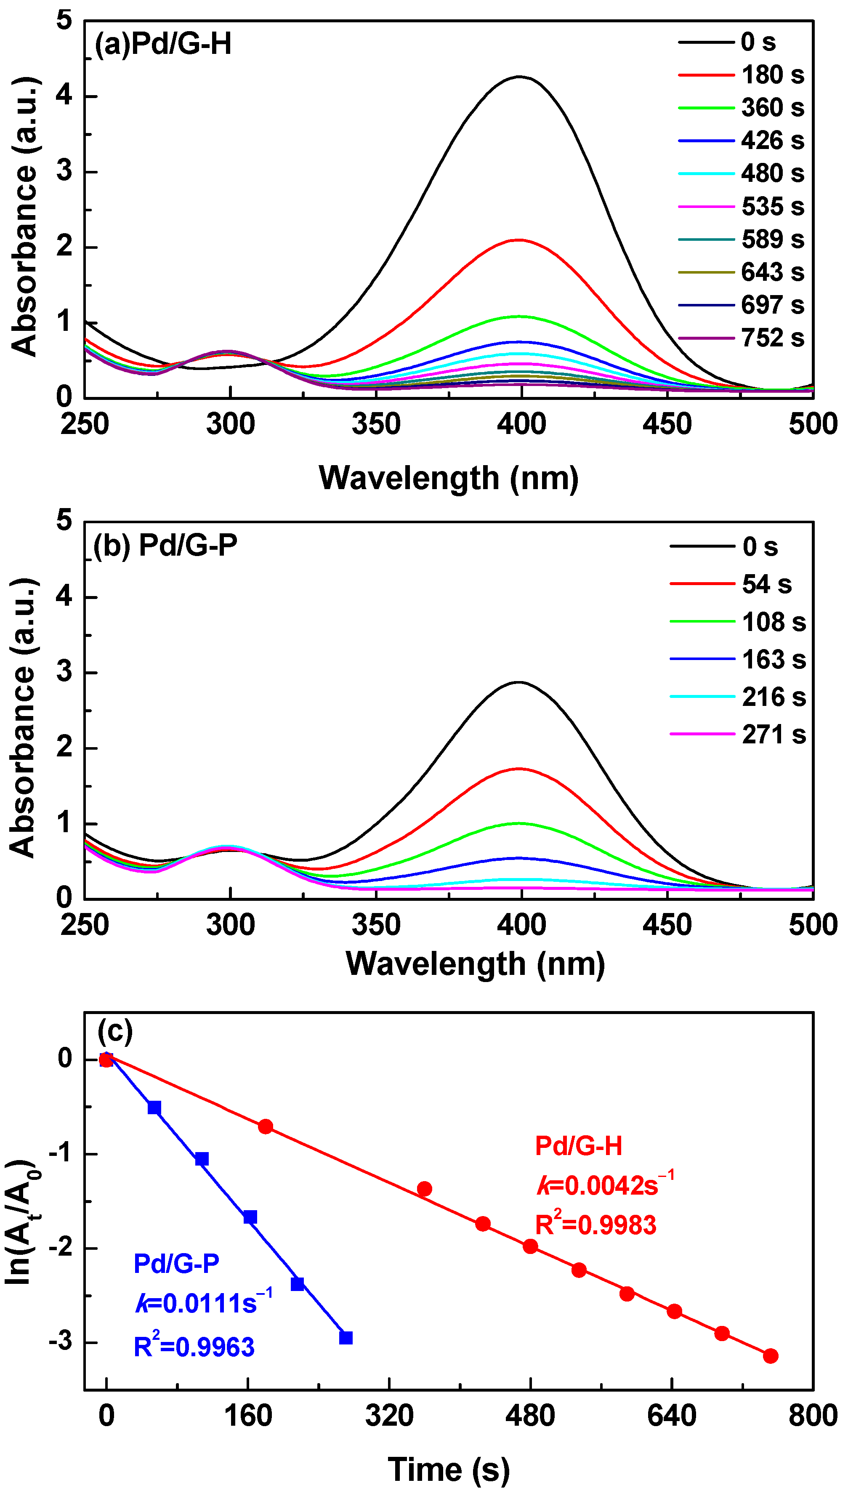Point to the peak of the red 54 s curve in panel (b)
click(519, 769)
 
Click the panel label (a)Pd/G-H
click(163, 44)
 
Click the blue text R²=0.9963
click(194, 1346)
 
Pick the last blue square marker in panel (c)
click(346, 1338)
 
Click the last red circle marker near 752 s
click(771, 1355)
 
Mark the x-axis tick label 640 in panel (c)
click(672, 1416)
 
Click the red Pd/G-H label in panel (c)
click(578, 1146)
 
